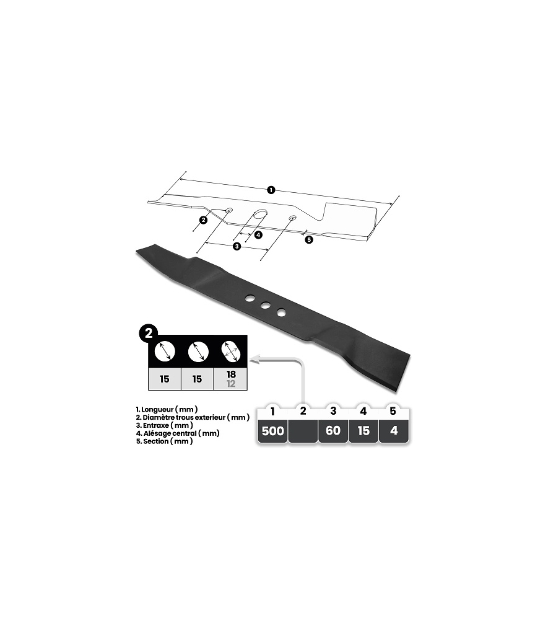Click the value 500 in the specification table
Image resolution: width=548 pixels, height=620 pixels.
coord(273,431)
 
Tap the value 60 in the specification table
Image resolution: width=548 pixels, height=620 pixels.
coord(333,430)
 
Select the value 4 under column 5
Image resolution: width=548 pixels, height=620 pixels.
coord(394,431)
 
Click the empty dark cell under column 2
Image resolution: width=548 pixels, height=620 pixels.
coord(303,431)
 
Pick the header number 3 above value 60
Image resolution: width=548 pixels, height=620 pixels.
coord(333,411)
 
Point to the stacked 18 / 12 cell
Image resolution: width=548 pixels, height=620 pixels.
coord(231,379)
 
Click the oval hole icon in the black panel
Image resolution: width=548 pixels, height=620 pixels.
coord(232,352)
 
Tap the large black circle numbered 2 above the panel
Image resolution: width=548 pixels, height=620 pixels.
coord(149,334)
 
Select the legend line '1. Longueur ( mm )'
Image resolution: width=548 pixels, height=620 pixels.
coord(167,409)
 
